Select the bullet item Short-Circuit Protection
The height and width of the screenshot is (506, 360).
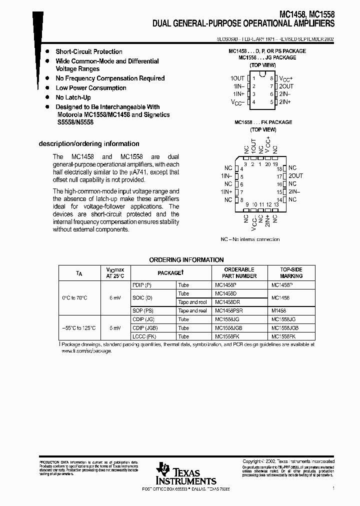tap(88, 51)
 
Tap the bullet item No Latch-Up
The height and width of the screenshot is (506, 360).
tap(73, 97)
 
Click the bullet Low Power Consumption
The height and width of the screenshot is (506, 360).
tap(90, 88)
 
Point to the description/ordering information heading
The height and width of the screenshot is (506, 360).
tap(89, 143)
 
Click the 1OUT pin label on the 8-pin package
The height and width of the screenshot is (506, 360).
tap(237, 78)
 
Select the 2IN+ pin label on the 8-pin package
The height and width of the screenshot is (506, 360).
tap(285, 102)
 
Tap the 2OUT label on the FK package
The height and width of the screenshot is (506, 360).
tap(295, 176)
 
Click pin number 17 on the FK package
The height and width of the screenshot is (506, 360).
tap(279, 176)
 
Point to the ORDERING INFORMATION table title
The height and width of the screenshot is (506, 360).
tap(186, 260)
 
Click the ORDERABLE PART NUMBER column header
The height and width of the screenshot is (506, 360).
tap(238, 273)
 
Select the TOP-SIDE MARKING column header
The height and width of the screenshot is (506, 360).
tap(291, 273)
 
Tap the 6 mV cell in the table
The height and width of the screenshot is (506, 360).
tap(115, 298)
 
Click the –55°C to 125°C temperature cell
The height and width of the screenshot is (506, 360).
tap(78, 328)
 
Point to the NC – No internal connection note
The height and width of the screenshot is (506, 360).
tap(250, 239)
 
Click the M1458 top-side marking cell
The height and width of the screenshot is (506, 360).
tap(279, 311)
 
